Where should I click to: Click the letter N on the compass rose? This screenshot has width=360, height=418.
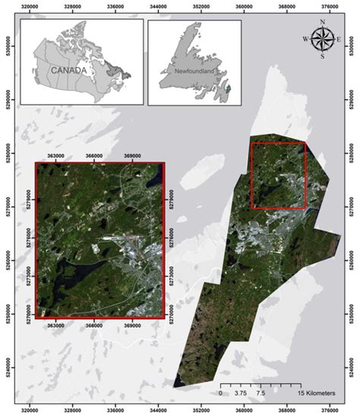[x=323, y=22]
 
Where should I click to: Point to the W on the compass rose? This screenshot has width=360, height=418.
[x=306, y=39]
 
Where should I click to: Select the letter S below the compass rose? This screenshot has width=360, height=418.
[x=323, y=56]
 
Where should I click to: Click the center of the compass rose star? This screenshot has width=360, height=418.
[x=323, y=39]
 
